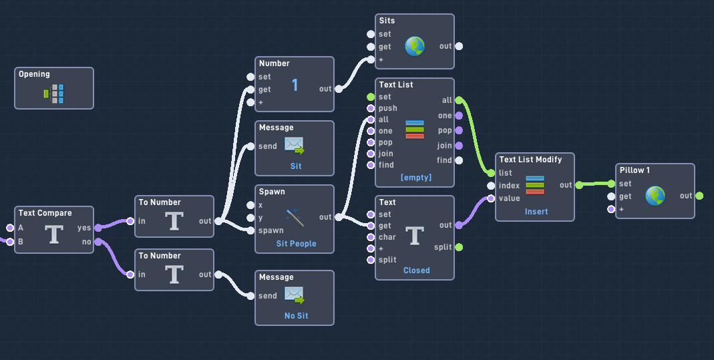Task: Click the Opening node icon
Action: tap(54, 94)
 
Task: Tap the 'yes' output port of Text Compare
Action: tap(98, 228)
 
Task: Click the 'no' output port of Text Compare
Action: tap(98, 242)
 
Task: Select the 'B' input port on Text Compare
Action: tap(9, 242)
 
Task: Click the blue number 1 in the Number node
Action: tap(295, 85)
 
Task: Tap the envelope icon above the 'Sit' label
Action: tap(294, 146)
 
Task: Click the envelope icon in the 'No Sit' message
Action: tap(294, 295)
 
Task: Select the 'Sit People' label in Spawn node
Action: tap(296, 244)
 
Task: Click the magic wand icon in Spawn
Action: tap(294, 217)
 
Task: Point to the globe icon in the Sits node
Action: tap(415, 46)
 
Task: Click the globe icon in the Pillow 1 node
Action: tap(655, 196)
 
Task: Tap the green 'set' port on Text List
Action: tap(371, 97)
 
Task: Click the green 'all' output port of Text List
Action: tap(459, 100)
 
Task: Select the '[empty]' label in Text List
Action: tap(415, 178)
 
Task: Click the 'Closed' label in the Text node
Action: tap(416, 271)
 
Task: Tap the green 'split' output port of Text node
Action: tap(459, 247)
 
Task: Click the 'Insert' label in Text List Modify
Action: tap(536, 212)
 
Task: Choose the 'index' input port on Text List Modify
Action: tap(491, 186)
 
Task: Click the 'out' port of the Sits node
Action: tap(459, 46)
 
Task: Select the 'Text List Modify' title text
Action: tap(530, 160)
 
